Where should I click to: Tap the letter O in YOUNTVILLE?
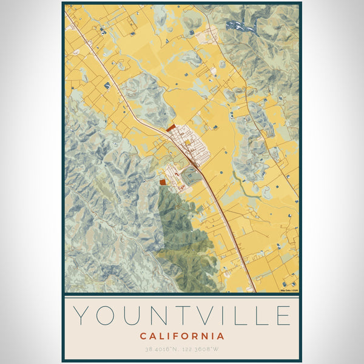pos(109,316)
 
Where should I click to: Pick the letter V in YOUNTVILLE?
pos(210,316)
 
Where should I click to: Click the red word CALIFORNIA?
pos(182,336)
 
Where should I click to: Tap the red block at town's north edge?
pos(170,128)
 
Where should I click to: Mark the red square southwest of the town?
pos(162,181)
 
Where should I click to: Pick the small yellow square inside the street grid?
pos(188,143)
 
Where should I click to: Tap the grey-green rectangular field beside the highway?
pos(190,177)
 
